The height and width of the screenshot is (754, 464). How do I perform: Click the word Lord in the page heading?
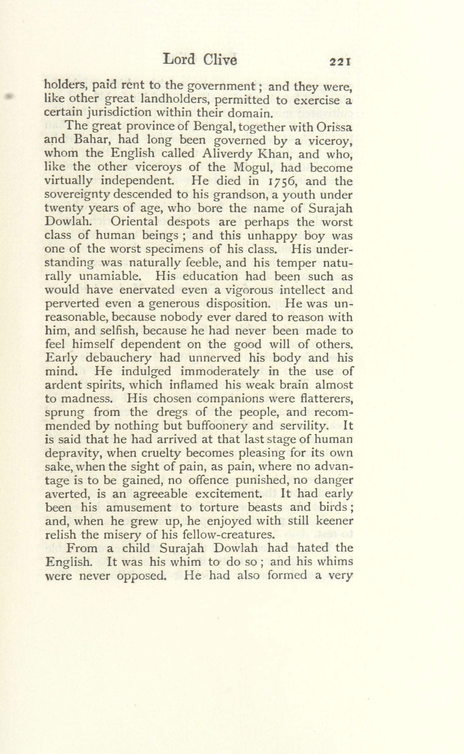pyautogui.click(x=179, y=59)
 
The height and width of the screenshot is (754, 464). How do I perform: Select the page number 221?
pyautogui.click(x=340, y=62)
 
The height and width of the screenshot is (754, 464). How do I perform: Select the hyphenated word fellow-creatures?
pyautogui.click(x=227, y=535)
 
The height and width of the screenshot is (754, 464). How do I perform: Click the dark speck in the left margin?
pyautogui.click(x=10, y=96)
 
